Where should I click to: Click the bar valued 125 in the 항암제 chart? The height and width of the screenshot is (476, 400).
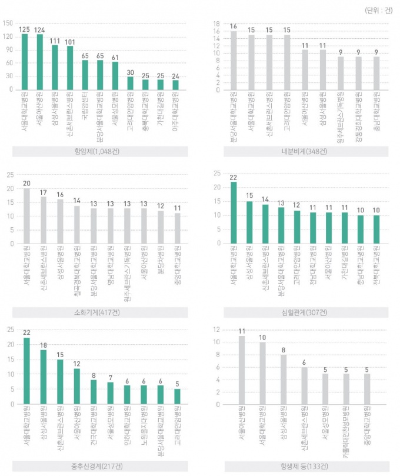[25, 62]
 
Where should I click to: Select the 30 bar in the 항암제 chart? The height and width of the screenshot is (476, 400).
[131, 83]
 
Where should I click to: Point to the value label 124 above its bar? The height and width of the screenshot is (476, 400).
[39, 29]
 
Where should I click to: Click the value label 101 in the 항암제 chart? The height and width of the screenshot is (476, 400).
[70, 41]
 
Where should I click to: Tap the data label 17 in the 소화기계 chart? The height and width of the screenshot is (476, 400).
[43, 192]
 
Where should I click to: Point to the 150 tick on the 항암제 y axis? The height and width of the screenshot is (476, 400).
[8, 24]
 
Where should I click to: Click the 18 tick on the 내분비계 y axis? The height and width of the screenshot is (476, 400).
[216, 24]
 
